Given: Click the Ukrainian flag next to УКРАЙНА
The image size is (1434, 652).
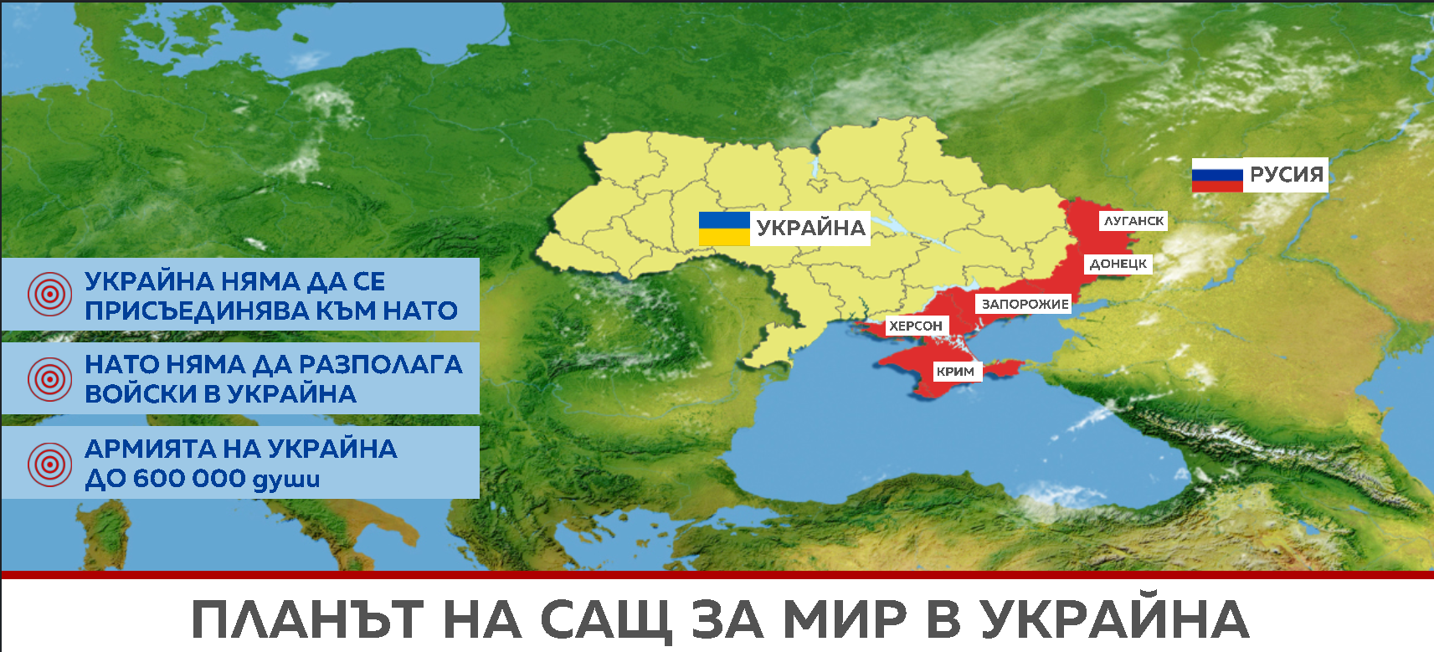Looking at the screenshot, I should pyautogui.click(x=724, y=228).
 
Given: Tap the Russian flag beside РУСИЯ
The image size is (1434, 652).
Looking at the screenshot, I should pyautogui.click(x=1217, y=176).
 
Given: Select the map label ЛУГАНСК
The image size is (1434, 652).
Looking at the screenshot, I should pyautogui.click(x=1133, y=221).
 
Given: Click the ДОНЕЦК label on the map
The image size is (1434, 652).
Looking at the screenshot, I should pyautogui.click(x=1118, y=264).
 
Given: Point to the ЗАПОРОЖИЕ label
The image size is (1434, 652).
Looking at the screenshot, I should pyautogui.click(x=1025, y=304).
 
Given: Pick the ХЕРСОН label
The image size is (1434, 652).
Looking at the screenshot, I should pyautogui.click(x=916, y=326).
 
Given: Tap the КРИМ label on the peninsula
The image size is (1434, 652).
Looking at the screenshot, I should pyautogui.click(x=955, y=371).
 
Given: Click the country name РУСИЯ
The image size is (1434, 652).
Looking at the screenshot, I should pyautogui.click(x=1286, y=175).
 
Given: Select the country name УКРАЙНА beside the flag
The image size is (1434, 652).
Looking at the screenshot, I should pyautogui.click(x=810, y=228).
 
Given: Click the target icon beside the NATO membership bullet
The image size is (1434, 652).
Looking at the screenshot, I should pyautogui.click(x=49, y=295).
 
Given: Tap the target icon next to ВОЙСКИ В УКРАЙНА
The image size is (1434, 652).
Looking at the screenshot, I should pyautogui.click(x=49, y=379).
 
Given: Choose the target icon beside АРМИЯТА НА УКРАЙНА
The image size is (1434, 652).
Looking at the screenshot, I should pyautogui.click(x=49, y=464).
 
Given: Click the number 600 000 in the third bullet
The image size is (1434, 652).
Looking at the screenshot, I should pyautogui.click(x=189, y=479).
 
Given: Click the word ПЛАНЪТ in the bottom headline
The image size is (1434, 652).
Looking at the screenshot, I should pyautogui.click(x=307, y=619).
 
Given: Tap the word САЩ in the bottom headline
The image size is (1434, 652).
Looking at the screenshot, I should pyautogui.click(x=606, y=619).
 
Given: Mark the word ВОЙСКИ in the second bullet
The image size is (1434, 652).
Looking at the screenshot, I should pyautogui.click(x=140, y=393).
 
